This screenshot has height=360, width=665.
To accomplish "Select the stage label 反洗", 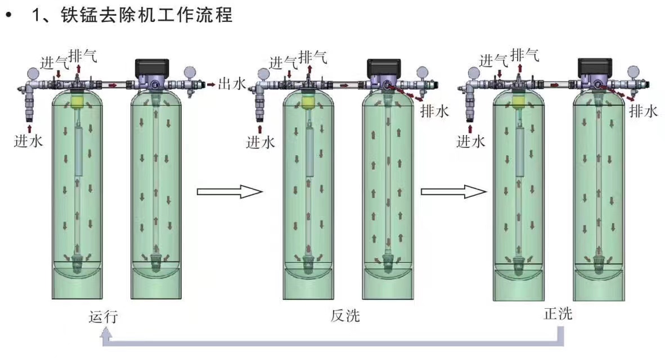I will (x=345, y=317).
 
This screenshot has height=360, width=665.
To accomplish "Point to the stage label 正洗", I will (x=558, y=314).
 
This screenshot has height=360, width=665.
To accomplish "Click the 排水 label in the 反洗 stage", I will (x=435, y=111).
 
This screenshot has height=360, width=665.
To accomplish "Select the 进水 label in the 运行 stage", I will (x=28, y=141).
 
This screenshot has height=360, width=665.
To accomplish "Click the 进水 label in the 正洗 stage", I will (x=470, y=141).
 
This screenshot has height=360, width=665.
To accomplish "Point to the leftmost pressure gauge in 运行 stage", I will (x=33, y=74).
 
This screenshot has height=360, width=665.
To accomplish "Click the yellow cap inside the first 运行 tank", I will (x=77, y=101).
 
